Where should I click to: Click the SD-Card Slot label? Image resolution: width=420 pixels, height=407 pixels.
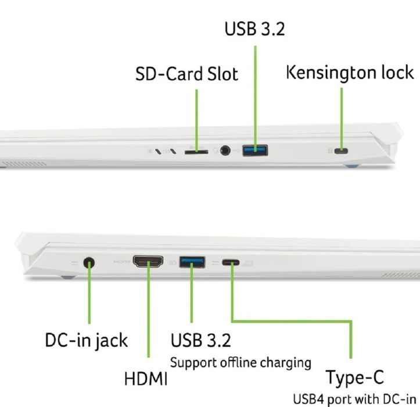pyautogui.click(x=186, y=74)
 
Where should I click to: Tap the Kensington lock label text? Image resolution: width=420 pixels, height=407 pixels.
pyautogui.click(x=350, y=73)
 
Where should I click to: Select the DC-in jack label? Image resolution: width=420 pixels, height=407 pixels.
pyautogui.click(x=87, y=340)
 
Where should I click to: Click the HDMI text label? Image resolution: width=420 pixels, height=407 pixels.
pyautogui.click(x=146, y=379)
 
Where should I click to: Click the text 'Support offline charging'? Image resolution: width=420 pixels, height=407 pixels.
pyautogui.click(x=240, y=362)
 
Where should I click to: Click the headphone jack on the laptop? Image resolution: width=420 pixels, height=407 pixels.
pyautogui.click(x=224, y=151)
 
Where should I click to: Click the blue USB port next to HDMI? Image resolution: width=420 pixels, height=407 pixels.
pyautogui.click(x=193, y=262)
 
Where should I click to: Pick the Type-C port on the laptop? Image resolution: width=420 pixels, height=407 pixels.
pyautogui.click(x=230, y=263)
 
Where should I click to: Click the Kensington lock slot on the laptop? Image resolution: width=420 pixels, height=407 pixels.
pyautogui.click(x=342, y=151)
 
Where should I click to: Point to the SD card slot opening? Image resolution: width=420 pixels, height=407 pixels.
pyautogui.click(x=196, y=152)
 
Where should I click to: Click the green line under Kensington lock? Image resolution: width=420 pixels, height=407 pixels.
pyautogui.click(x=342, y=116)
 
